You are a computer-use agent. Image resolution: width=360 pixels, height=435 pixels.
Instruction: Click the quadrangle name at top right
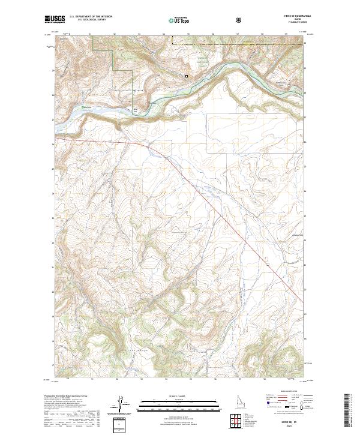pos(289,17)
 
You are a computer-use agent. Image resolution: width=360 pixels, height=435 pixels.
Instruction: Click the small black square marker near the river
pos(187,76)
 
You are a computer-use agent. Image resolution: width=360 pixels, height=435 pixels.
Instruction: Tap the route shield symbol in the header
pos(240,20)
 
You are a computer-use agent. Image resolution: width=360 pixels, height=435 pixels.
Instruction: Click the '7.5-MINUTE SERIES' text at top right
pos(289,23)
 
